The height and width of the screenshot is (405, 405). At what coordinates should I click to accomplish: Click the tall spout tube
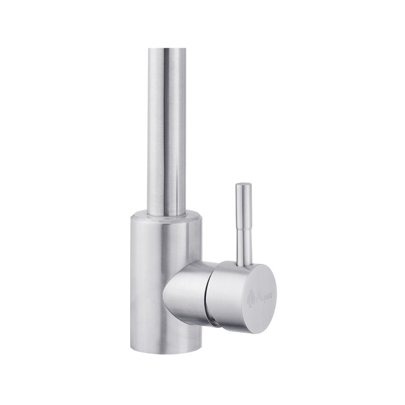pos(166,127)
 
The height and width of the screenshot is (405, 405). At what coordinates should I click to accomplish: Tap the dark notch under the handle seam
pos(215,324)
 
